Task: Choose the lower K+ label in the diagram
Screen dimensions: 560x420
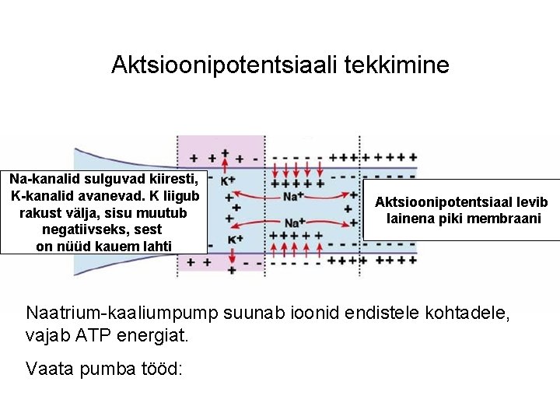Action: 233,239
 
